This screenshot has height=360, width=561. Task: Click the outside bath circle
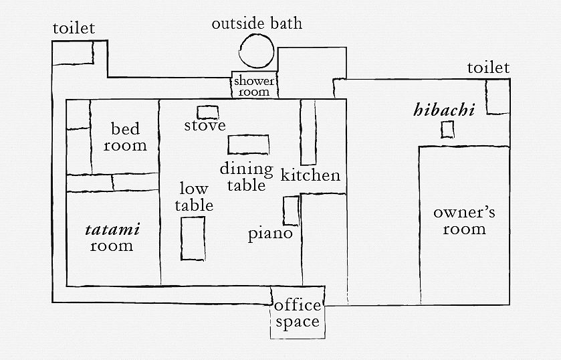pos(256,51)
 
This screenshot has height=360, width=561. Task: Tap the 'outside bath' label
pos(257,24)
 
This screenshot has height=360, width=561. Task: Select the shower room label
pos(254,86)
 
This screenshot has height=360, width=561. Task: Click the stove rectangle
pos(208,112)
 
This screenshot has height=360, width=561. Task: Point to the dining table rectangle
pos(249,145)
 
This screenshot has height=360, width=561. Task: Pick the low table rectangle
pos(193,238)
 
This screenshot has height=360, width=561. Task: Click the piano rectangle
pos(291,211)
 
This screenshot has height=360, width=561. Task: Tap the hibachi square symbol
pos(447,130)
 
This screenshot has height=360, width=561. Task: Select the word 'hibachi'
pos(444,110)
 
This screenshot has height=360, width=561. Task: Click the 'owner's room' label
pos(464,221)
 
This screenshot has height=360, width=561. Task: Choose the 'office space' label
pos(298,314)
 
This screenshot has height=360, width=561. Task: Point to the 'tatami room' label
pos(112,238)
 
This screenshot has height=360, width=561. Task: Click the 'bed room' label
pos(125,137)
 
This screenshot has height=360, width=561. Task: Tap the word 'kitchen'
pos(310,176)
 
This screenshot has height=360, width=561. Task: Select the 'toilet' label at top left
pos(74,28)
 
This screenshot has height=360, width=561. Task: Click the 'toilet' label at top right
pos(488,68)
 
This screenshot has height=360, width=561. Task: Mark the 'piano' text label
pos(270,234)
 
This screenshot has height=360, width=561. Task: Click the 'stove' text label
pos(205,126)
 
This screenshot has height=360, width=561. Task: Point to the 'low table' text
pos(195,197)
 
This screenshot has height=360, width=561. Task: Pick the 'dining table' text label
pos(246,177)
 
